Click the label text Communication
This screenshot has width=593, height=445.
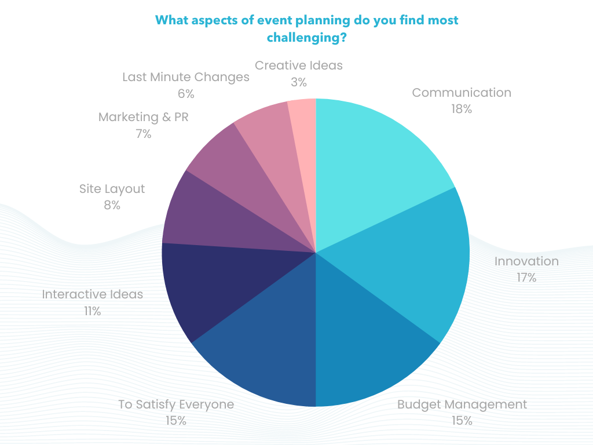[x=462, y=93]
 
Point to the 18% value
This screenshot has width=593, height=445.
[x=462, y=109]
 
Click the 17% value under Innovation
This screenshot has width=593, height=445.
[x=526, y=278]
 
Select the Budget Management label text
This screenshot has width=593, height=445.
[x=462, y=404]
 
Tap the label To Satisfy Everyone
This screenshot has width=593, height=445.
[x=176, y=404]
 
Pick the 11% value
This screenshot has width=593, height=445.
[x=92, y=311]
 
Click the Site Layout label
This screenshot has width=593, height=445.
[x=112, y=189]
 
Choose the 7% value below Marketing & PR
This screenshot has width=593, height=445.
[x=143, y=134]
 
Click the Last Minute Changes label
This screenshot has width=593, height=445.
[x=186, y=77]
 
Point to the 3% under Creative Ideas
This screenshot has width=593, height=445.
[x=298, y=82]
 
